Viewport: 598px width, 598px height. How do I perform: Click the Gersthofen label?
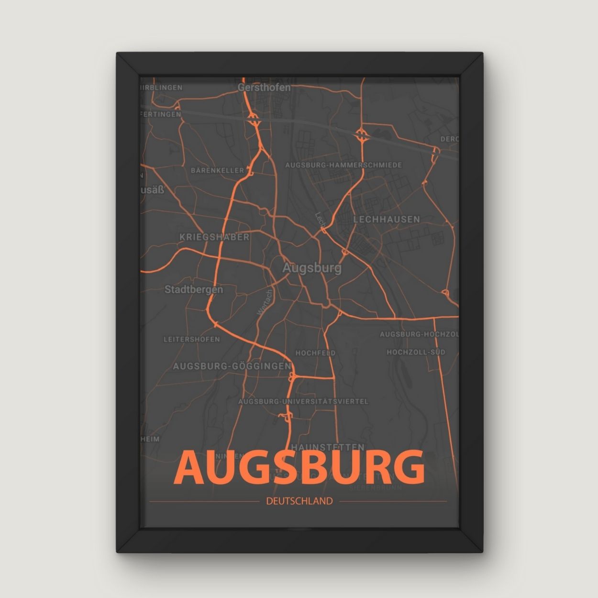pos(264,88)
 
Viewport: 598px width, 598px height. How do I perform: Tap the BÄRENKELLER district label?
pos(217,170)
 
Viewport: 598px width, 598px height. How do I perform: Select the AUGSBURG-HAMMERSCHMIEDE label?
pos(343,165)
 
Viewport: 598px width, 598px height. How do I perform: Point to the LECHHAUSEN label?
pos(387,220)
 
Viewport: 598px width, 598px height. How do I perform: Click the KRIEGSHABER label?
pos(214,237)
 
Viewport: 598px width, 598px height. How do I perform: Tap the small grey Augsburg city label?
pos(312,268)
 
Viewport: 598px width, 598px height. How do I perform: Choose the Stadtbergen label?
pos(194,289)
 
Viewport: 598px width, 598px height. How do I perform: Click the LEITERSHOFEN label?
pos(192,339)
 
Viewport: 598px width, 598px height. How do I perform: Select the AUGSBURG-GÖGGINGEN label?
pos(232,366)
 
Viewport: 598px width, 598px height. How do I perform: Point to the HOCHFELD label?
pos(315,353)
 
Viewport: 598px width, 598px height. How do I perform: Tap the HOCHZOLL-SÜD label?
pos(416,352)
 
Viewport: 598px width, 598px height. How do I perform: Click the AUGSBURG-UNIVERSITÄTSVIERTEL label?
pos(303,401)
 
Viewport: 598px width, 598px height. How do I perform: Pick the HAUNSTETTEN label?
pos(328,447)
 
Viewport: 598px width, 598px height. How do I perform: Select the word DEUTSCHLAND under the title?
pos(299,501)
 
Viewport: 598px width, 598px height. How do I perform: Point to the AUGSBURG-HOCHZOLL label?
pos(419,334)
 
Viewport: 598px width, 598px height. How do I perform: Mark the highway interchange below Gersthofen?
pos(254,119)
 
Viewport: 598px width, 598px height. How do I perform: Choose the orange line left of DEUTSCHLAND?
pos(204,501)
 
